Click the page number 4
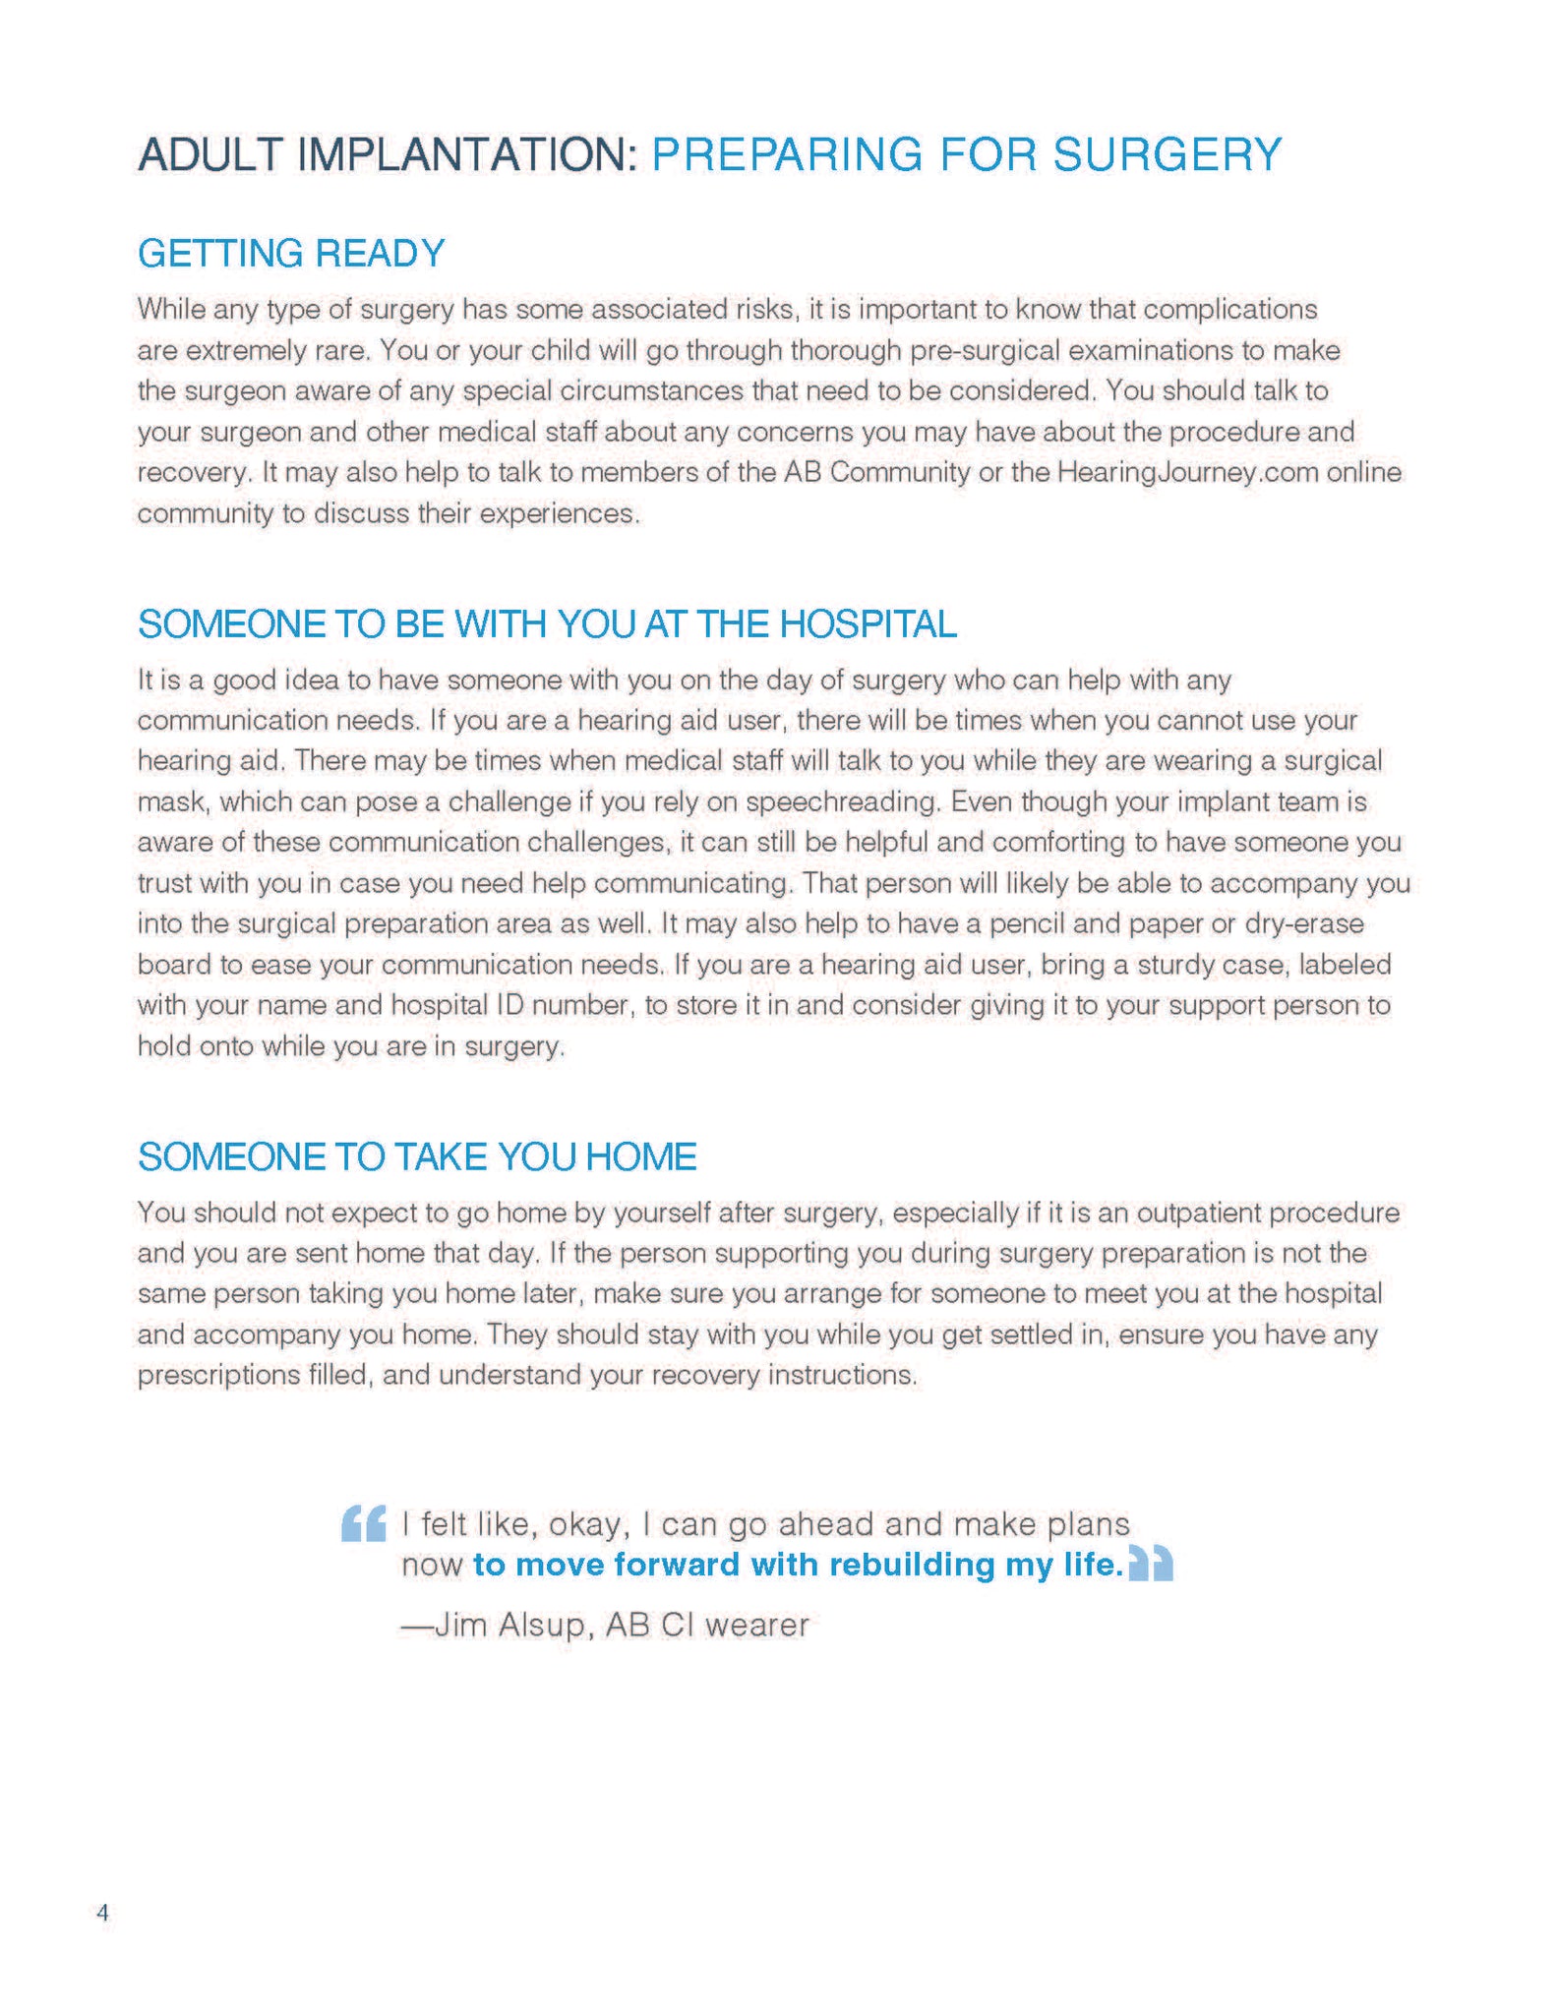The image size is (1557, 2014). (102, 1913)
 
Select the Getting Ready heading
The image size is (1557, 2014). (291, 254)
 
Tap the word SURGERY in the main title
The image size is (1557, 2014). (1167, 155)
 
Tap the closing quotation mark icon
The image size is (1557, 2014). (1151, 1564)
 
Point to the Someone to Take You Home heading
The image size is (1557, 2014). (417, 1156)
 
